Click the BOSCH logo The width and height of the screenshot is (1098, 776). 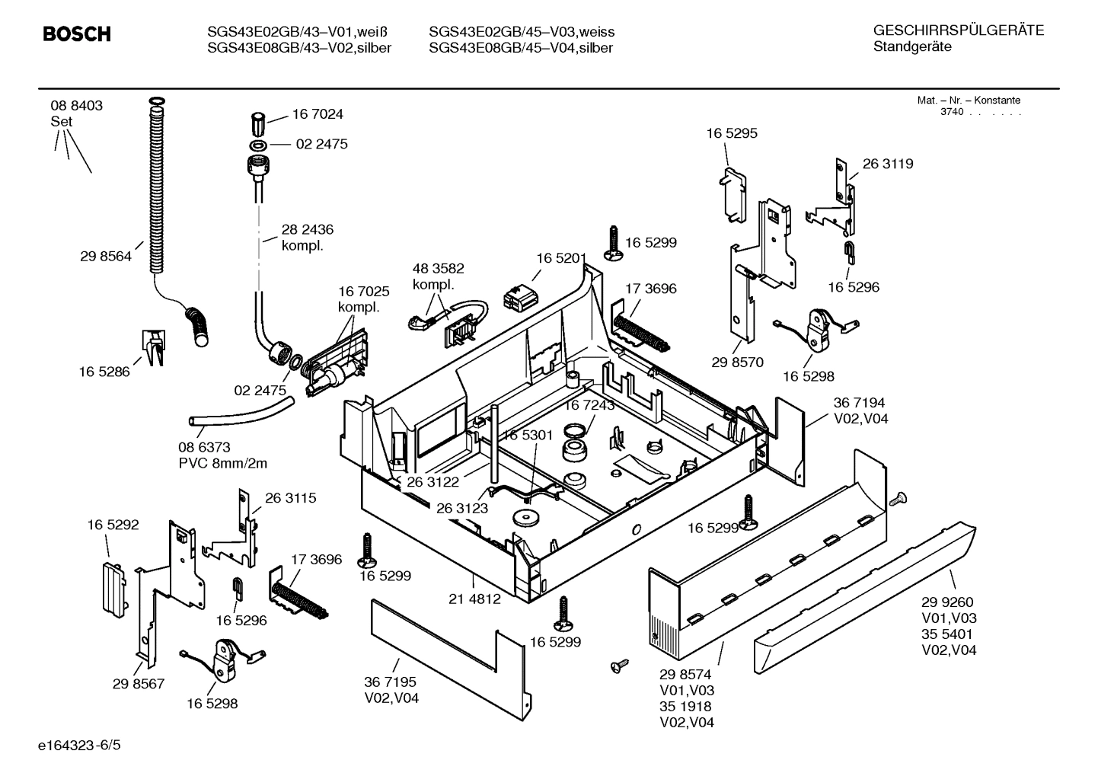point(77,34)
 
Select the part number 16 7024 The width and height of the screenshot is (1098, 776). point(318,114)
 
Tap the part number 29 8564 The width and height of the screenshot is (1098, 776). point(106,257)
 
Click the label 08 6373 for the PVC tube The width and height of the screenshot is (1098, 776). point(204,448)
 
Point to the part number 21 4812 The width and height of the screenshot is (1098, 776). point(474,599)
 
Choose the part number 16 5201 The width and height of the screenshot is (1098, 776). point(561,259)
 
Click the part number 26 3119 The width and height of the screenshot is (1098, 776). point(888,164)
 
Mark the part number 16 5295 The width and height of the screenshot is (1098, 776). point(732,133)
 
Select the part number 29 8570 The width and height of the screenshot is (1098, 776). point(737,362)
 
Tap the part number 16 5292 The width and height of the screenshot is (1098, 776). point(113,525)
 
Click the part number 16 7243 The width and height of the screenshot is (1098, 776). point(589,406)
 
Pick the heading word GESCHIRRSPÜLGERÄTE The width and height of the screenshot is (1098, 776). point(958,30)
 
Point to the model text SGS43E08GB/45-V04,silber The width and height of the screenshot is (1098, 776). point(521,49)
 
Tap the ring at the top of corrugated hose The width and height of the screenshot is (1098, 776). point(157,101)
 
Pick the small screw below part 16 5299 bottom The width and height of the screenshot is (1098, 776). point(618,666)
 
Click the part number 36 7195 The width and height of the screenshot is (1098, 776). point(390,682)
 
